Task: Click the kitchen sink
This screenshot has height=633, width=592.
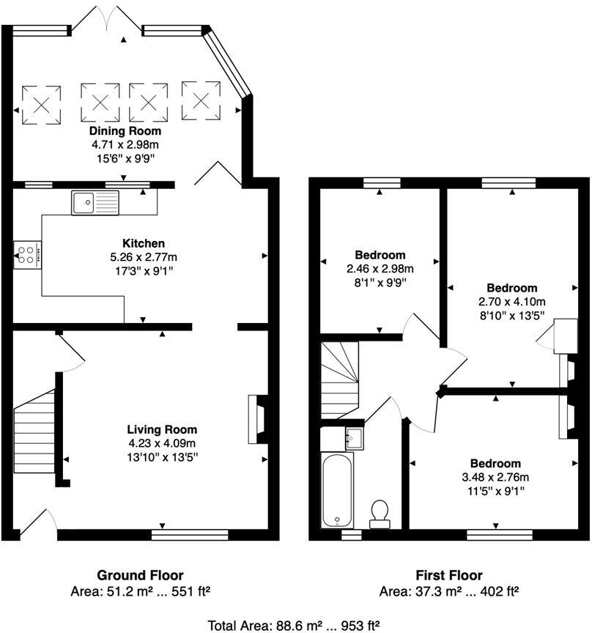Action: [95, 202]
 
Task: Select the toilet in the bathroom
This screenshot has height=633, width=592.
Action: [380, 514]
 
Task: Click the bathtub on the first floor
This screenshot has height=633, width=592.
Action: [338, 489]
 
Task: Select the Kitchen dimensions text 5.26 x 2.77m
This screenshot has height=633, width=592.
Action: [144, 257]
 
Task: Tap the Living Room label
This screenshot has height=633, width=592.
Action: [162, 429]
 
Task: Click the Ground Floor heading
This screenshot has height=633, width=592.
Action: [140, 575]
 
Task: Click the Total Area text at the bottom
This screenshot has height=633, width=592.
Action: [294, 625]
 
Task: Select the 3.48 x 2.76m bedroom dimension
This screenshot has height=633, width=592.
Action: [495, 478]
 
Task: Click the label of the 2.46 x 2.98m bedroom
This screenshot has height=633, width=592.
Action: [380, 255]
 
